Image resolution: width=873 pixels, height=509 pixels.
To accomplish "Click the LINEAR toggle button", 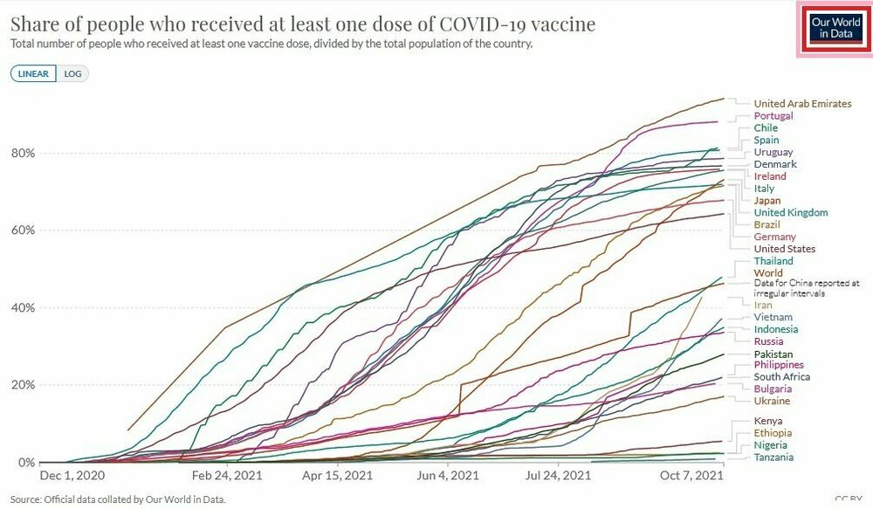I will point(34,73).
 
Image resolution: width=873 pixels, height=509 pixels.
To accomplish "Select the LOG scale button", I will point(72,73).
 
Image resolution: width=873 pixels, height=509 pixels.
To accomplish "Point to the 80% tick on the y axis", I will point(22,154).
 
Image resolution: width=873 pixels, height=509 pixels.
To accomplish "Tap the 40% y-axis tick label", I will point(22,308).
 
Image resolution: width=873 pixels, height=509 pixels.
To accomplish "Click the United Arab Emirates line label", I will point(802,104).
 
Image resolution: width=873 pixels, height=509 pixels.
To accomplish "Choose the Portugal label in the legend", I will point(773,116).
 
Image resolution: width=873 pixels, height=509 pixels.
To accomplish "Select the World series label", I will point(768,273).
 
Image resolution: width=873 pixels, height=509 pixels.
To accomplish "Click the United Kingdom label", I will point(791,213).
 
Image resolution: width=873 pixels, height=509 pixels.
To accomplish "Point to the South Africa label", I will point(782,377).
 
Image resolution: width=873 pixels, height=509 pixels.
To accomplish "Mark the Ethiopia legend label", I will point(773,433).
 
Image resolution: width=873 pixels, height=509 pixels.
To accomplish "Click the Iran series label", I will point(764,306).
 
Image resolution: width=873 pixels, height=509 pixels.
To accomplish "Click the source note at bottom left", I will point(118,499).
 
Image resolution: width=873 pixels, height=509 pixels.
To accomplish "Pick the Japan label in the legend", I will point(767,201).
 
